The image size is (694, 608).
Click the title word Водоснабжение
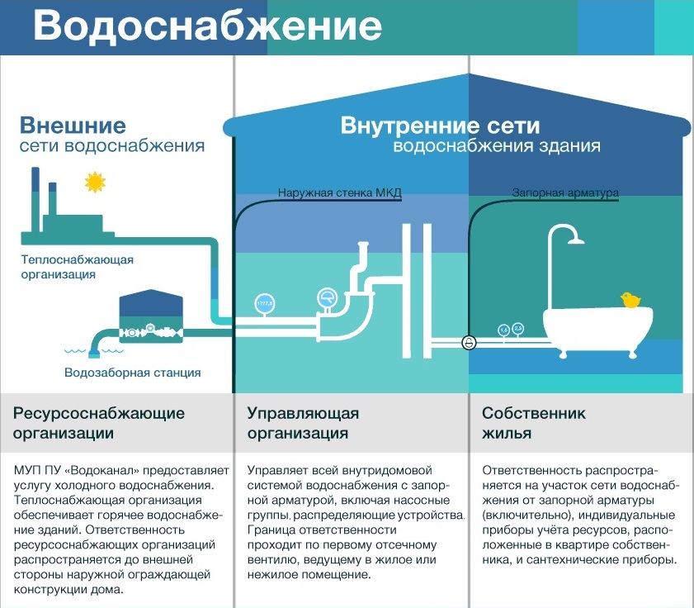207,26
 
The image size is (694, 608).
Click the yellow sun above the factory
95,182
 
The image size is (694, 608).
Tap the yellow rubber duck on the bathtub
630,300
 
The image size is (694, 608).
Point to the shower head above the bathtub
575,240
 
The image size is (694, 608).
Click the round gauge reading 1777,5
265,303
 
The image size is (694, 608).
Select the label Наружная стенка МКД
339,192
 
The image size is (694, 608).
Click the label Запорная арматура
565,192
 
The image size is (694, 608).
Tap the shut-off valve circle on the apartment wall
469,342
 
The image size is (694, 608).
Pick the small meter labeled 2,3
518,329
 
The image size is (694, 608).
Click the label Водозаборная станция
132,373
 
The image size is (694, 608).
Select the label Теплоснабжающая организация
77,267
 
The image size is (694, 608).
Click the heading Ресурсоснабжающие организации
99,423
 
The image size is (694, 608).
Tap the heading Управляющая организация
303,423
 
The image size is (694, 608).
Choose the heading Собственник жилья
533,423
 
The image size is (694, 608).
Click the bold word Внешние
73,126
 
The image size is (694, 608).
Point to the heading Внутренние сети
440,126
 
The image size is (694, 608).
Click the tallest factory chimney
35,199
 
